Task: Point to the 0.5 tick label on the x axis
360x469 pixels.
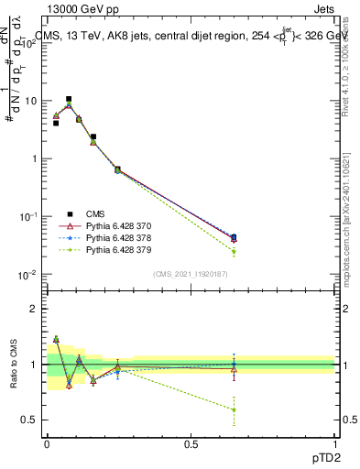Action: pyautogui.click(x=191, y=443)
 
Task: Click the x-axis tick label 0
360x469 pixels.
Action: pyautogui.click(x=47, y=443)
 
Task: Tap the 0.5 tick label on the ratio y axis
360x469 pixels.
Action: pyautogui.click(x=29, y=420)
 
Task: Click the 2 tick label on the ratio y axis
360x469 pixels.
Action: pyautogui.click(x=34, y=309)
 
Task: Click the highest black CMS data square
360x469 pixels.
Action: pyautogui.click(x=69, y=99)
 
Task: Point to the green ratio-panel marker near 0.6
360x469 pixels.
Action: pyautogui.click(x=234, y=409)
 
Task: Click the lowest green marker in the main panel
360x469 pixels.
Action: pyautogui.click(x=234, y=251)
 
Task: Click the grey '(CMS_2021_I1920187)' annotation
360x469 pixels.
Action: pyautogui.click(x=191, y=274)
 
